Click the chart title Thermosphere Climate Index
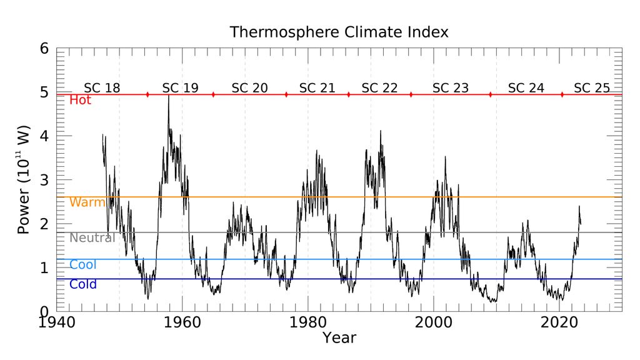[339, 32]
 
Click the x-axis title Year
[339, 338]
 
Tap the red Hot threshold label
[80, 100]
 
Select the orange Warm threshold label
[87, 202]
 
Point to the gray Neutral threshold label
[92, 237]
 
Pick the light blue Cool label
[83, 265]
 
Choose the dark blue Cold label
[83, 285]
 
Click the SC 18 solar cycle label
[102, 88]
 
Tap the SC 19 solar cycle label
[180, 88]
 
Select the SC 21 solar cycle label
[317, 88]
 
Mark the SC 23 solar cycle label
[450, 88]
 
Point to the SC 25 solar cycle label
[591, 88]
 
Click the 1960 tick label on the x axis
[182, 324]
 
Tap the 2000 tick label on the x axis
[434, 324]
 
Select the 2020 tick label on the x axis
[559, 324]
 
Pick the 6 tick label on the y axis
[44, 49]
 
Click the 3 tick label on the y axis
[44, 180]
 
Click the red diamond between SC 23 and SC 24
[490, 94]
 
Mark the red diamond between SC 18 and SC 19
[147, 94]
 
